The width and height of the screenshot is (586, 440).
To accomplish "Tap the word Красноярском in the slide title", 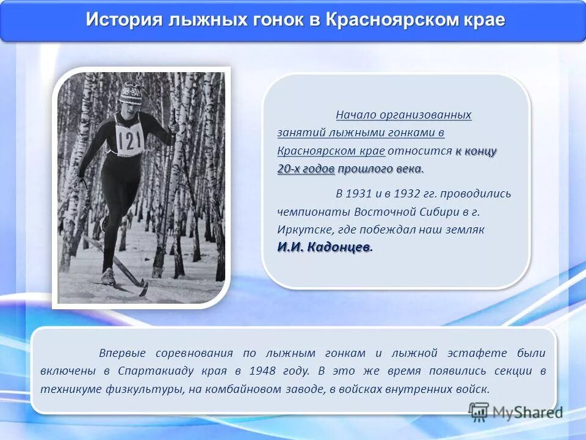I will point(386,20).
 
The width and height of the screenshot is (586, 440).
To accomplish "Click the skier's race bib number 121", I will point(130,141).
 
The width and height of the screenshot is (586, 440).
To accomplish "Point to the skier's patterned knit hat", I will point(130,93).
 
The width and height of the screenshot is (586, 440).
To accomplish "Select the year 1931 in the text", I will point(358,194).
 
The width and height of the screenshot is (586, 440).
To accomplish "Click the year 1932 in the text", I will point(403,194).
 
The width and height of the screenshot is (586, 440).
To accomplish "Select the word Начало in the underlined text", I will point(355,115).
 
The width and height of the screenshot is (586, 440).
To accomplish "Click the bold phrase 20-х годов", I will point(306,169).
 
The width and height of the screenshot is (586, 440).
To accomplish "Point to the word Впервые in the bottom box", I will point(121,353).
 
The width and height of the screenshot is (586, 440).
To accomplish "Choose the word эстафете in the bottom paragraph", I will point(477,353).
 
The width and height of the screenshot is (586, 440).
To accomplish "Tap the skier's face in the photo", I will point(130,107).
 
